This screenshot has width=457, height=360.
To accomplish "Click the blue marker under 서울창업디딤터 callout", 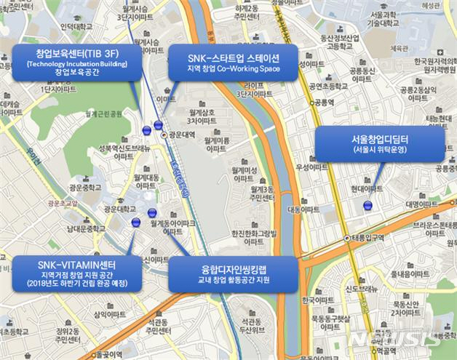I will point(367,205).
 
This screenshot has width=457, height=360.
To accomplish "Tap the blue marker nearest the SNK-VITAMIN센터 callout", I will point(135,223).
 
